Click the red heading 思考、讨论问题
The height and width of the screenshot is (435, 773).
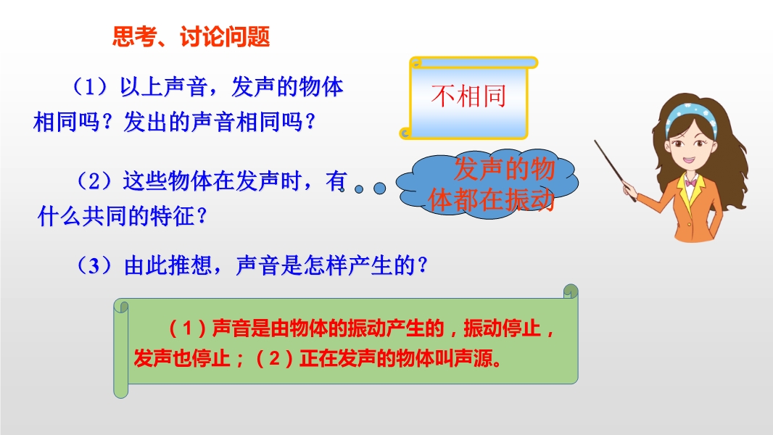(191, 36)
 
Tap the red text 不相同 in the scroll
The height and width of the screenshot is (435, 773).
(469, 96)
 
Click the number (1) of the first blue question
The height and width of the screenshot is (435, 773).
(90, 87)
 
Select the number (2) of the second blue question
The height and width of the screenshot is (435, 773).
(94, 181)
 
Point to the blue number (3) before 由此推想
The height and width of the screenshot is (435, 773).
(94, 265)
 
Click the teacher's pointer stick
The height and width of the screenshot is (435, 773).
(615, 170)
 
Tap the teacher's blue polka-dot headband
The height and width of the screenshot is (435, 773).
(690, 116)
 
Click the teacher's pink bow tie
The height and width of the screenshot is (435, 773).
(691, 182)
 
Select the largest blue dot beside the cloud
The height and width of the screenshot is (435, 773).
(379, 188)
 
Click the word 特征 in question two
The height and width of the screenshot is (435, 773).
(173, 216)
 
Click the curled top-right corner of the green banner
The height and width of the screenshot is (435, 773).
(571, 291)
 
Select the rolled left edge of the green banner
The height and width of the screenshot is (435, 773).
(121, 348)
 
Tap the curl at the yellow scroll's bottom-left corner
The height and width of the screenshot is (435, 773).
(405, 133)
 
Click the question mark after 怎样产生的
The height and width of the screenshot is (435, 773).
(422, 266)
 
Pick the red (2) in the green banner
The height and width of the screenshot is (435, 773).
(275, 359)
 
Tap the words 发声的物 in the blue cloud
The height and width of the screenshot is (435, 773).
(504, 169)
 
